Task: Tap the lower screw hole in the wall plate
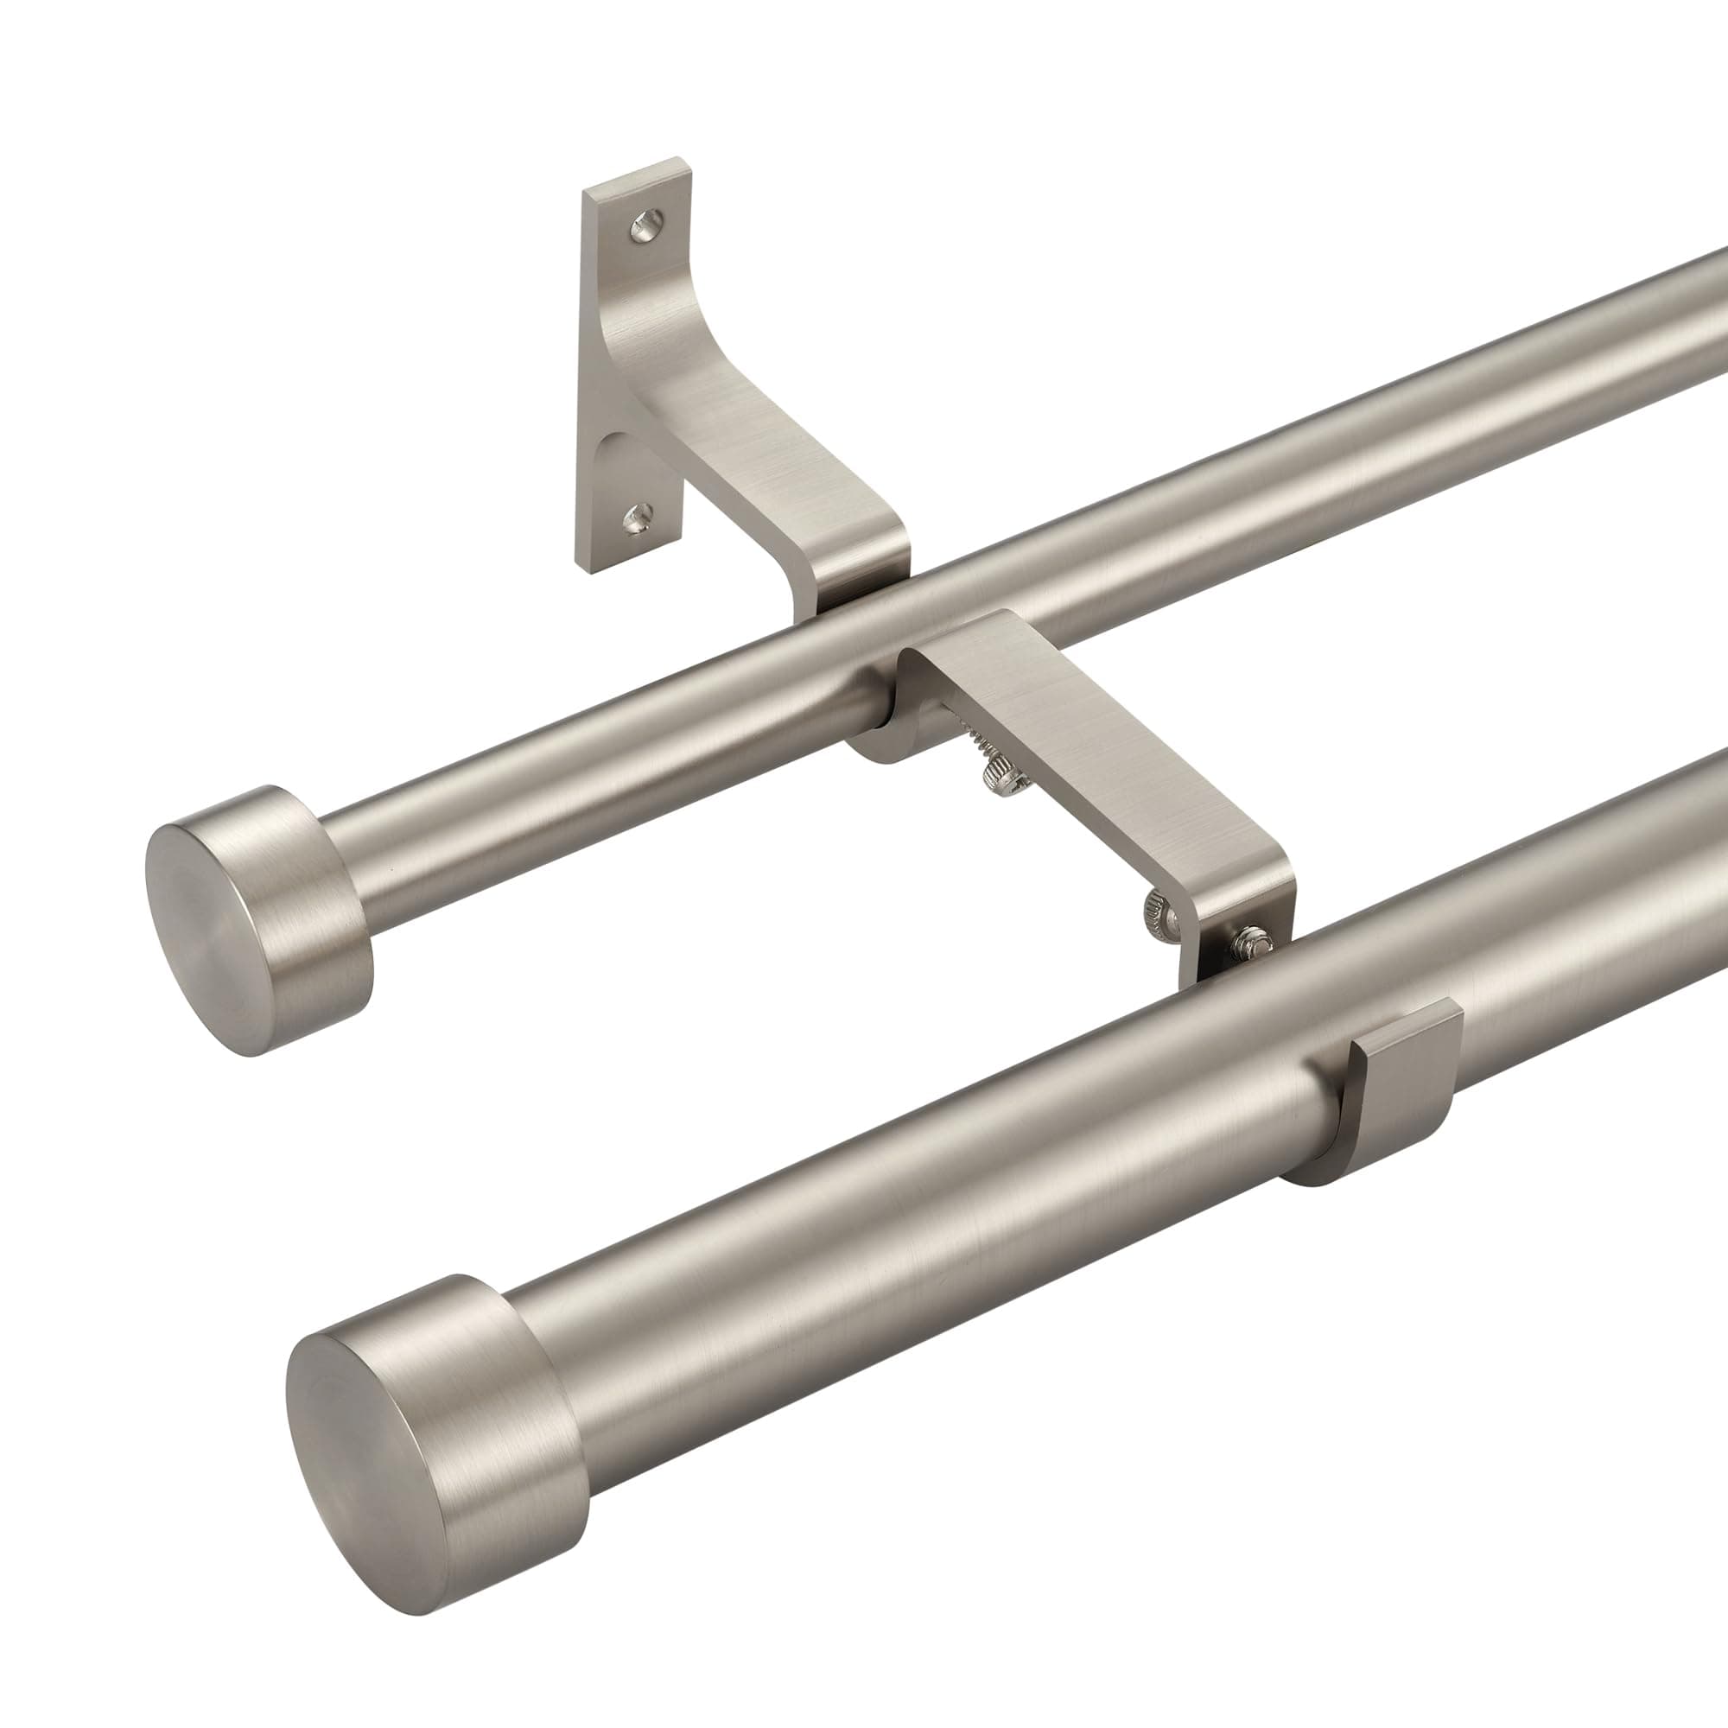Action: (x=640, y=515)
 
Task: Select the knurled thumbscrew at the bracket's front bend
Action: (x=1157, y=915)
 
